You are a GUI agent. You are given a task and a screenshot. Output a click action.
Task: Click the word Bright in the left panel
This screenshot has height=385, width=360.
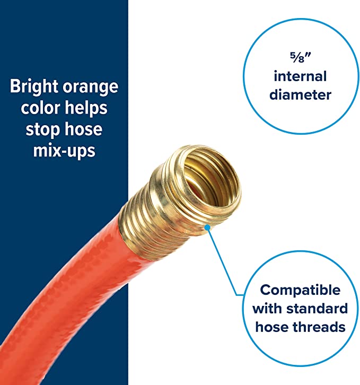[x=34, y=87]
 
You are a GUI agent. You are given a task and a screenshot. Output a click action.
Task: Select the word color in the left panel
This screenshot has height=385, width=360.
[x=40, y=108]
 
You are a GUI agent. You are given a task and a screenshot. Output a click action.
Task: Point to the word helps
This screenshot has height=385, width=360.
[x=86, y=108]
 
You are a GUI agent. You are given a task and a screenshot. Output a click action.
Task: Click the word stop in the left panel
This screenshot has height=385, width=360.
[x=43, y=129]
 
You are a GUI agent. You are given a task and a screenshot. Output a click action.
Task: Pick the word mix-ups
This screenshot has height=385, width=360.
[x=64, y=151]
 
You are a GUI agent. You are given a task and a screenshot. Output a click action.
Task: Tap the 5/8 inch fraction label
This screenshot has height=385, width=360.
[x=300, y=58]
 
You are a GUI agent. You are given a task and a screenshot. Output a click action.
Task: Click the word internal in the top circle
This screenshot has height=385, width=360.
[x=300, y=76]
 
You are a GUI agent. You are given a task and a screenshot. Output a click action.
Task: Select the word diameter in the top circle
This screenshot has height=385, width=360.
[x=300, y=95]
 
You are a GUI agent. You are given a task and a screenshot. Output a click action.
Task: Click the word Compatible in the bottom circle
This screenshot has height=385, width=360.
[x=300, y=291]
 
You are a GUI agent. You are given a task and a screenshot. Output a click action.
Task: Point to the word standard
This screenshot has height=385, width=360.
[x=317, y=309]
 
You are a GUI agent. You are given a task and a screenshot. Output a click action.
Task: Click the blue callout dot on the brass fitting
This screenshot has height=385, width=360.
[x=207, y=227]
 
